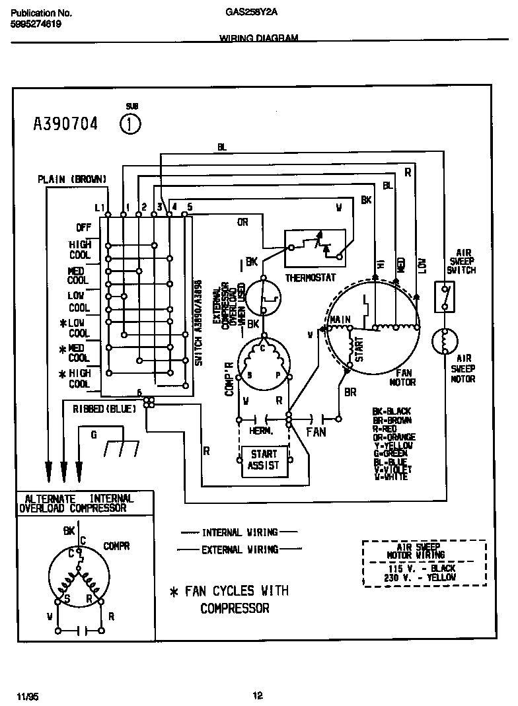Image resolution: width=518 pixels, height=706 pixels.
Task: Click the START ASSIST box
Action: click(263, 460)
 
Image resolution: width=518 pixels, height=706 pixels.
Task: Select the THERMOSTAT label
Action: click(310, 277)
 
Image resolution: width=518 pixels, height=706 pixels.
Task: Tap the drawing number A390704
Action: click(65, 124)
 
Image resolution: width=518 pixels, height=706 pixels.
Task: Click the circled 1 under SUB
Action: click(131, 124)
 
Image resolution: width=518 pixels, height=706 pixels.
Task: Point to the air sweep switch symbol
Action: click(444, 297)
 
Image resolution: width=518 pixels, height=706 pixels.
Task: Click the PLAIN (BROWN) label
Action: click(71, 179)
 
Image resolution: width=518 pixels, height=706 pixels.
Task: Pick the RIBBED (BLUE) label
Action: click(104, 409)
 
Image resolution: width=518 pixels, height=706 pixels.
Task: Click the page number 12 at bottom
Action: click(258, 695)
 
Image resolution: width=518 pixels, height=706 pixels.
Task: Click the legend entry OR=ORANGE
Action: click(394, 437)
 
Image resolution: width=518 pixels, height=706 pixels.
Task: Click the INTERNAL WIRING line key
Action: click(239, 532)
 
